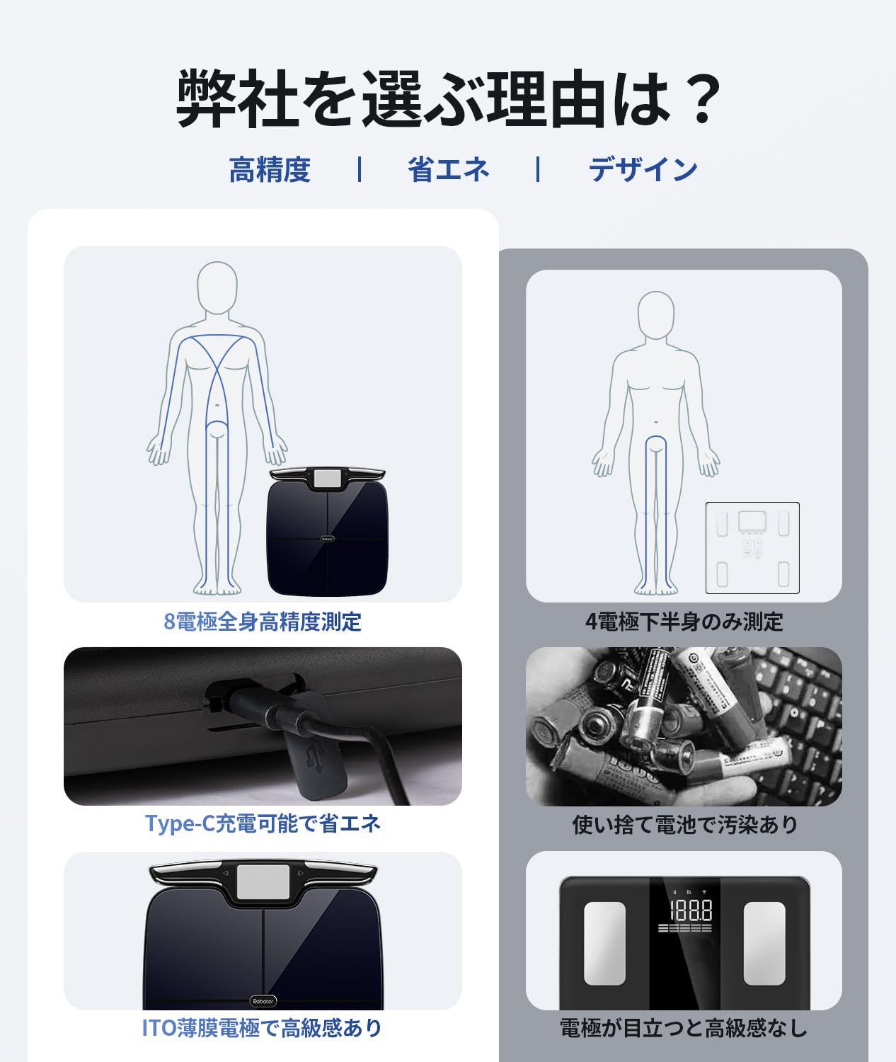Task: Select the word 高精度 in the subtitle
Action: pyautogui.click(x=270, y=170)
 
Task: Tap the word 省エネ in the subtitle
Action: pyautogui.click(x=448, y=170)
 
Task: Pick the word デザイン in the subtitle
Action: pyautogui.click(x=643, y=170)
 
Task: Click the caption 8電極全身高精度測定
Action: pyautogui.click(x=263, y=622)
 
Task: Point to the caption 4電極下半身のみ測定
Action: pyautogui.click(x=684, y=622)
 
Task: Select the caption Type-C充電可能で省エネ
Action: pyautogui.click(x=263, y=823)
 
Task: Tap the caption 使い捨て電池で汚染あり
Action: pyautogui.click(x=684, y=825)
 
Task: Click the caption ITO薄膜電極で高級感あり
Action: pyautogui.click(x=263, y=1027)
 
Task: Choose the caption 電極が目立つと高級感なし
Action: pyautogui.click(x=684, y=1027)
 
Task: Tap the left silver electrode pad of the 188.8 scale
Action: pyautogui.click(x=604, y=943)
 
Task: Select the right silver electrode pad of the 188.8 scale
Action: pyautogui.click(x=764, y=943)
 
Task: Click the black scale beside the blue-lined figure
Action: pyautogui.click(x=327, y=532)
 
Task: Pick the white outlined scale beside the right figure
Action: pyautogui.click(x=752, y=547)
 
